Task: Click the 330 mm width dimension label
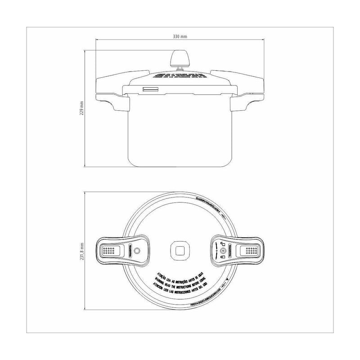point(180,36)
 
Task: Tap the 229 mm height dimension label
point(81,108)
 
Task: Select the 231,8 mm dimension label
point(81,250)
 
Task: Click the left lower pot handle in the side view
point(118,103)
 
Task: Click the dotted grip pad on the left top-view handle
point(108,250)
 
